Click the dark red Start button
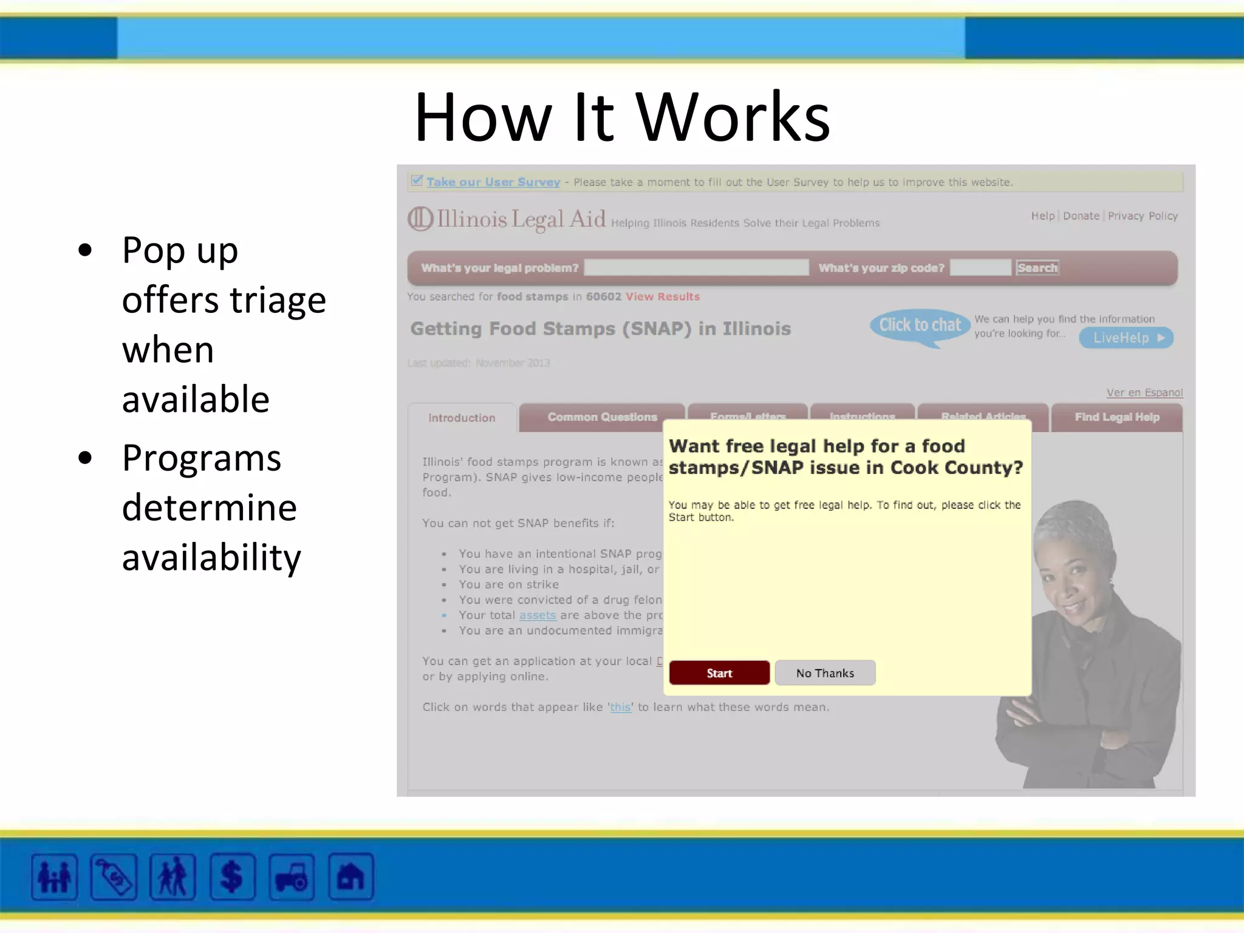pyautogui.click(x=719, y=673)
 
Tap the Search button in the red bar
pyautogui.click(x=1037, y=268)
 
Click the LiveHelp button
pyautogui.click(x=1126, y=338)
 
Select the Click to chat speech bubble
pyautogui.click(x=920, y=326)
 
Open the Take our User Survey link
pyautogui.click(x=493, y=182)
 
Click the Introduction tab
pyautogui.click(x=462, y=418)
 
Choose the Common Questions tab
pyautogui.click(x=602, y=417)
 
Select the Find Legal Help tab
pyautogui.click(x=1116, y=417)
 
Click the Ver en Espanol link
pyautogui.click(x=1144, y=392)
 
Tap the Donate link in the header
pyautogui.click(x=1081, y=216)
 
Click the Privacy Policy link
pyautogui.click(x=1143, y=216)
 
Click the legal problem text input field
pyautogui.click(x=696, y=268)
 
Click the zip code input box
pyautogui.click(x=980, y=268)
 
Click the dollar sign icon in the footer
pyautogui.click(x=232, y=877)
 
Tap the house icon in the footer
pyautogui.click(x=350, y=877)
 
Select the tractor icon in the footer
pyautogui.click(x=292, y=877)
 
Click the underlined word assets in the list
pyautogui.click(x=537, y=615)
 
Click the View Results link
pyautogui.click(x=663, y=296)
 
